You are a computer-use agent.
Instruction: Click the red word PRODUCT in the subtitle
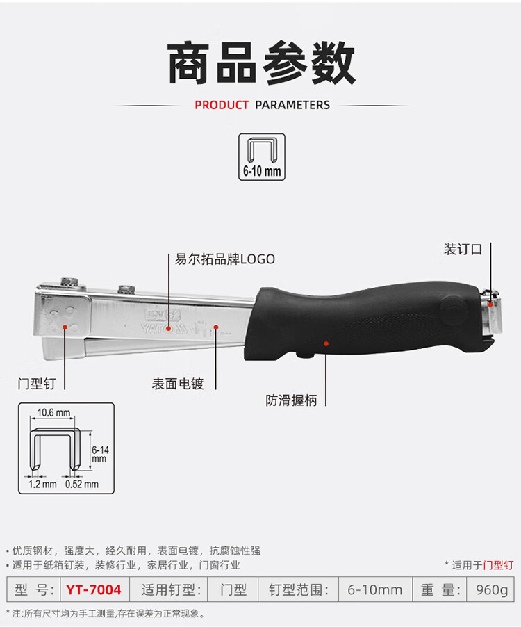coord(222,105)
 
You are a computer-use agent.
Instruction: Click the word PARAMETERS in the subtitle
coord(292,105)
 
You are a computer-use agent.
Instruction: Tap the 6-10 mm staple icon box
coord(262,157)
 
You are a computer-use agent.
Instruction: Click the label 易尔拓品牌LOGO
coord(225,259)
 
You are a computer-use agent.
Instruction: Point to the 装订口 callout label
coord(463,250)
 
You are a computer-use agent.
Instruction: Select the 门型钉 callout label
coord(37,384)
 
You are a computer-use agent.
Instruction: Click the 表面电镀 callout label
coord(178,384)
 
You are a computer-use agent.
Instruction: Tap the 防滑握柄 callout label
coord(291,400)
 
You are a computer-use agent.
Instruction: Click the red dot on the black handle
coord(326,343)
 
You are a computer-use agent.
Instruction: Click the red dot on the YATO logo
coord(169,329)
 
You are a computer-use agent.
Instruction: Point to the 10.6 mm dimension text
coord(53,412)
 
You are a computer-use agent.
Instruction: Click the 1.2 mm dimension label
coord(42,484)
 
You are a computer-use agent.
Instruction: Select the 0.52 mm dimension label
coord(82,484)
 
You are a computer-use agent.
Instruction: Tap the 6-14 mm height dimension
coord(100,454)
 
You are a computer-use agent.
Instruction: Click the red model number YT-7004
coord(94,590)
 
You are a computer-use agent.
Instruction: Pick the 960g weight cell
coord(492,590)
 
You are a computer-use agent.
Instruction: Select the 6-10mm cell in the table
coord(374,590)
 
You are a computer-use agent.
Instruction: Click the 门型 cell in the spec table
coord(233,590)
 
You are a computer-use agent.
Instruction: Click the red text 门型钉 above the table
coord(498,565)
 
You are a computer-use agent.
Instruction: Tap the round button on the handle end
coord(454,308)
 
